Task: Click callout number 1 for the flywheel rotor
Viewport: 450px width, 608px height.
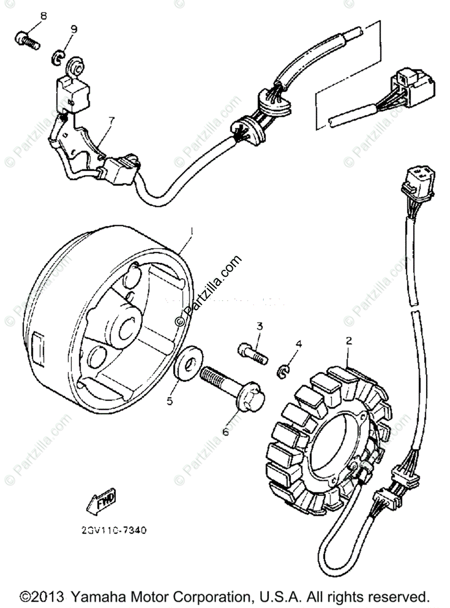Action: (191, 231)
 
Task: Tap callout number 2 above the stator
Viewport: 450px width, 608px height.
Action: (349, 341)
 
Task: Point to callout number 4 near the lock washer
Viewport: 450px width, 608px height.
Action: (299, 344)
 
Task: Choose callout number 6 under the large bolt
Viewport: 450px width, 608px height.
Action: (225, 431)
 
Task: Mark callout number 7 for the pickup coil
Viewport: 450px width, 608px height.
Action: (111, 120)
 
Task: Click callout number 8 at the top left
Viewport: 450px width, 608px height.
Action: (44, 16)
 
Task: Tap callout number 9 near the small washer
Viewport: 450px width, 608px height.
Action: (74, 29)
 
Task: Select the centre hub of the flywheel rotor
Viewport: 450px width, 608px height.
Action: (123, 327)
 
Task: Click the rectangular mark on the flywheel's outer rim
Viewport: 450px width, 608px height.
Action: (38, 347)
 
